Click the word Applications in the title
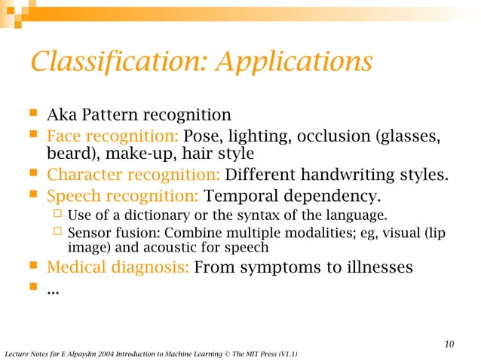[x=293, y=62]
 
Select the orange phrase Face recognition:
[x=112, y=136]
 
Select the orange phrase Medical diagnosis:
[x=118, y=267]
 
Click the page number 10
[x=449, y=345]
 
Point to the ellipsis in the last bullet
[x=54, y=288]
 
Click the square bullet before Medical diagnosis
[x=32, y=266]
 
